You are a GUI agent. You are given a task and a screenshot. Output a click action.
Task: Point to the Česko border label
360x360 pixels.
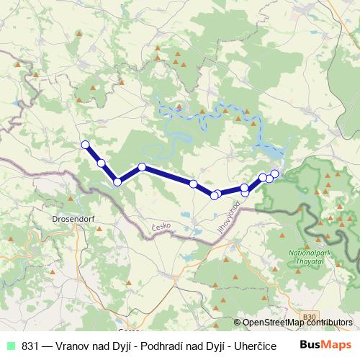coord(161,227)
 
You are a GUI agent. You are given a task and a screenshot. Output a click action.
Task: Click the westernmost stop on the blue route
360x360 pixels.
coord(86,145)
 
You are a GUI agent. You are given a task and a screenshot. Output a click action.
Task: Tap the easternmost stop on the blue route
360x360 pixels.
coord(274,174)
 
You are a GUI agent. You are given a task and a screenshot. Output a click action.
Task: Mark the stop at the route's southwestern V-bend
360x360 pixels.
coord(117,182)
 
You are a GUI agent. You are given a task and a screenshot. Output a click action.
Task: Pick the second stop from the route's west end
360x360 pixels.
coord(102,163)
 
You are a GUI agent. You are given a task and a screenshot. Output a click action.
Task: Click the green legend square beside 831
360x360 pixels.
coord(12,346)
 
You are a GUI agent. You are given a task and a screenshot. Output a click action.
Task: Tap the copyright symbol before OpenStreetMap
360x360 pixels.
coord(237,323)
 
